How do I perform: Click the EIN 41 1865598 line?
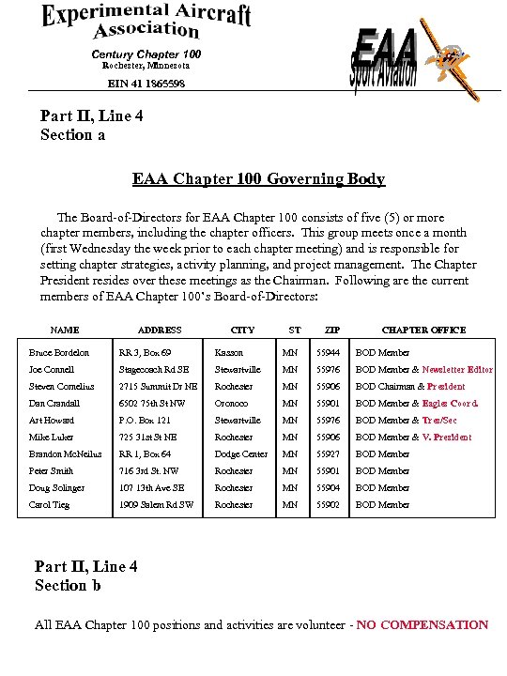(146, 84)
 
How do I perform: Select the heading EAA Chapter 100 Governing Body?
(258, 178)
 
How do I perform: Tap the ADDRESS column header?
(160, 330)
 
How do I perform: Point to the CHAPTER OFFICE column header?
(422, 330)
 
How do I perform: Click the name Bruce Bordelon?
(59, 353)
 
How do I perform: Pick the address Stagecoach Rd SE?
(154, 370)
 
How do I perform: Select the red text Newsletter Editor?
(457, 370)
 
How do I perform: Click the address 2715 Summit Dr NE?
(159, 387)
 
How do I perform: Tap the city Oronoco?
(231, 404)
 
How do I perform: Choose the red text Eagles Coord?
(451, 404)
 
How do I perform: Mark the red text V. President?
(447, 438)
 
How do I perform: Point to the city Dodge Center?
(241, 454)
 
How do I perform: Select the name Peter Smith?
(51, 471)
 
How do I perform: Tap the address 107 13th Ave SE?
(152, 488)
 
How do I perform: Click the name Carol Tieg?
(49, 505)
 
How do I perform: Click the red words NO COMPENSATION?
(422, 625)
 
